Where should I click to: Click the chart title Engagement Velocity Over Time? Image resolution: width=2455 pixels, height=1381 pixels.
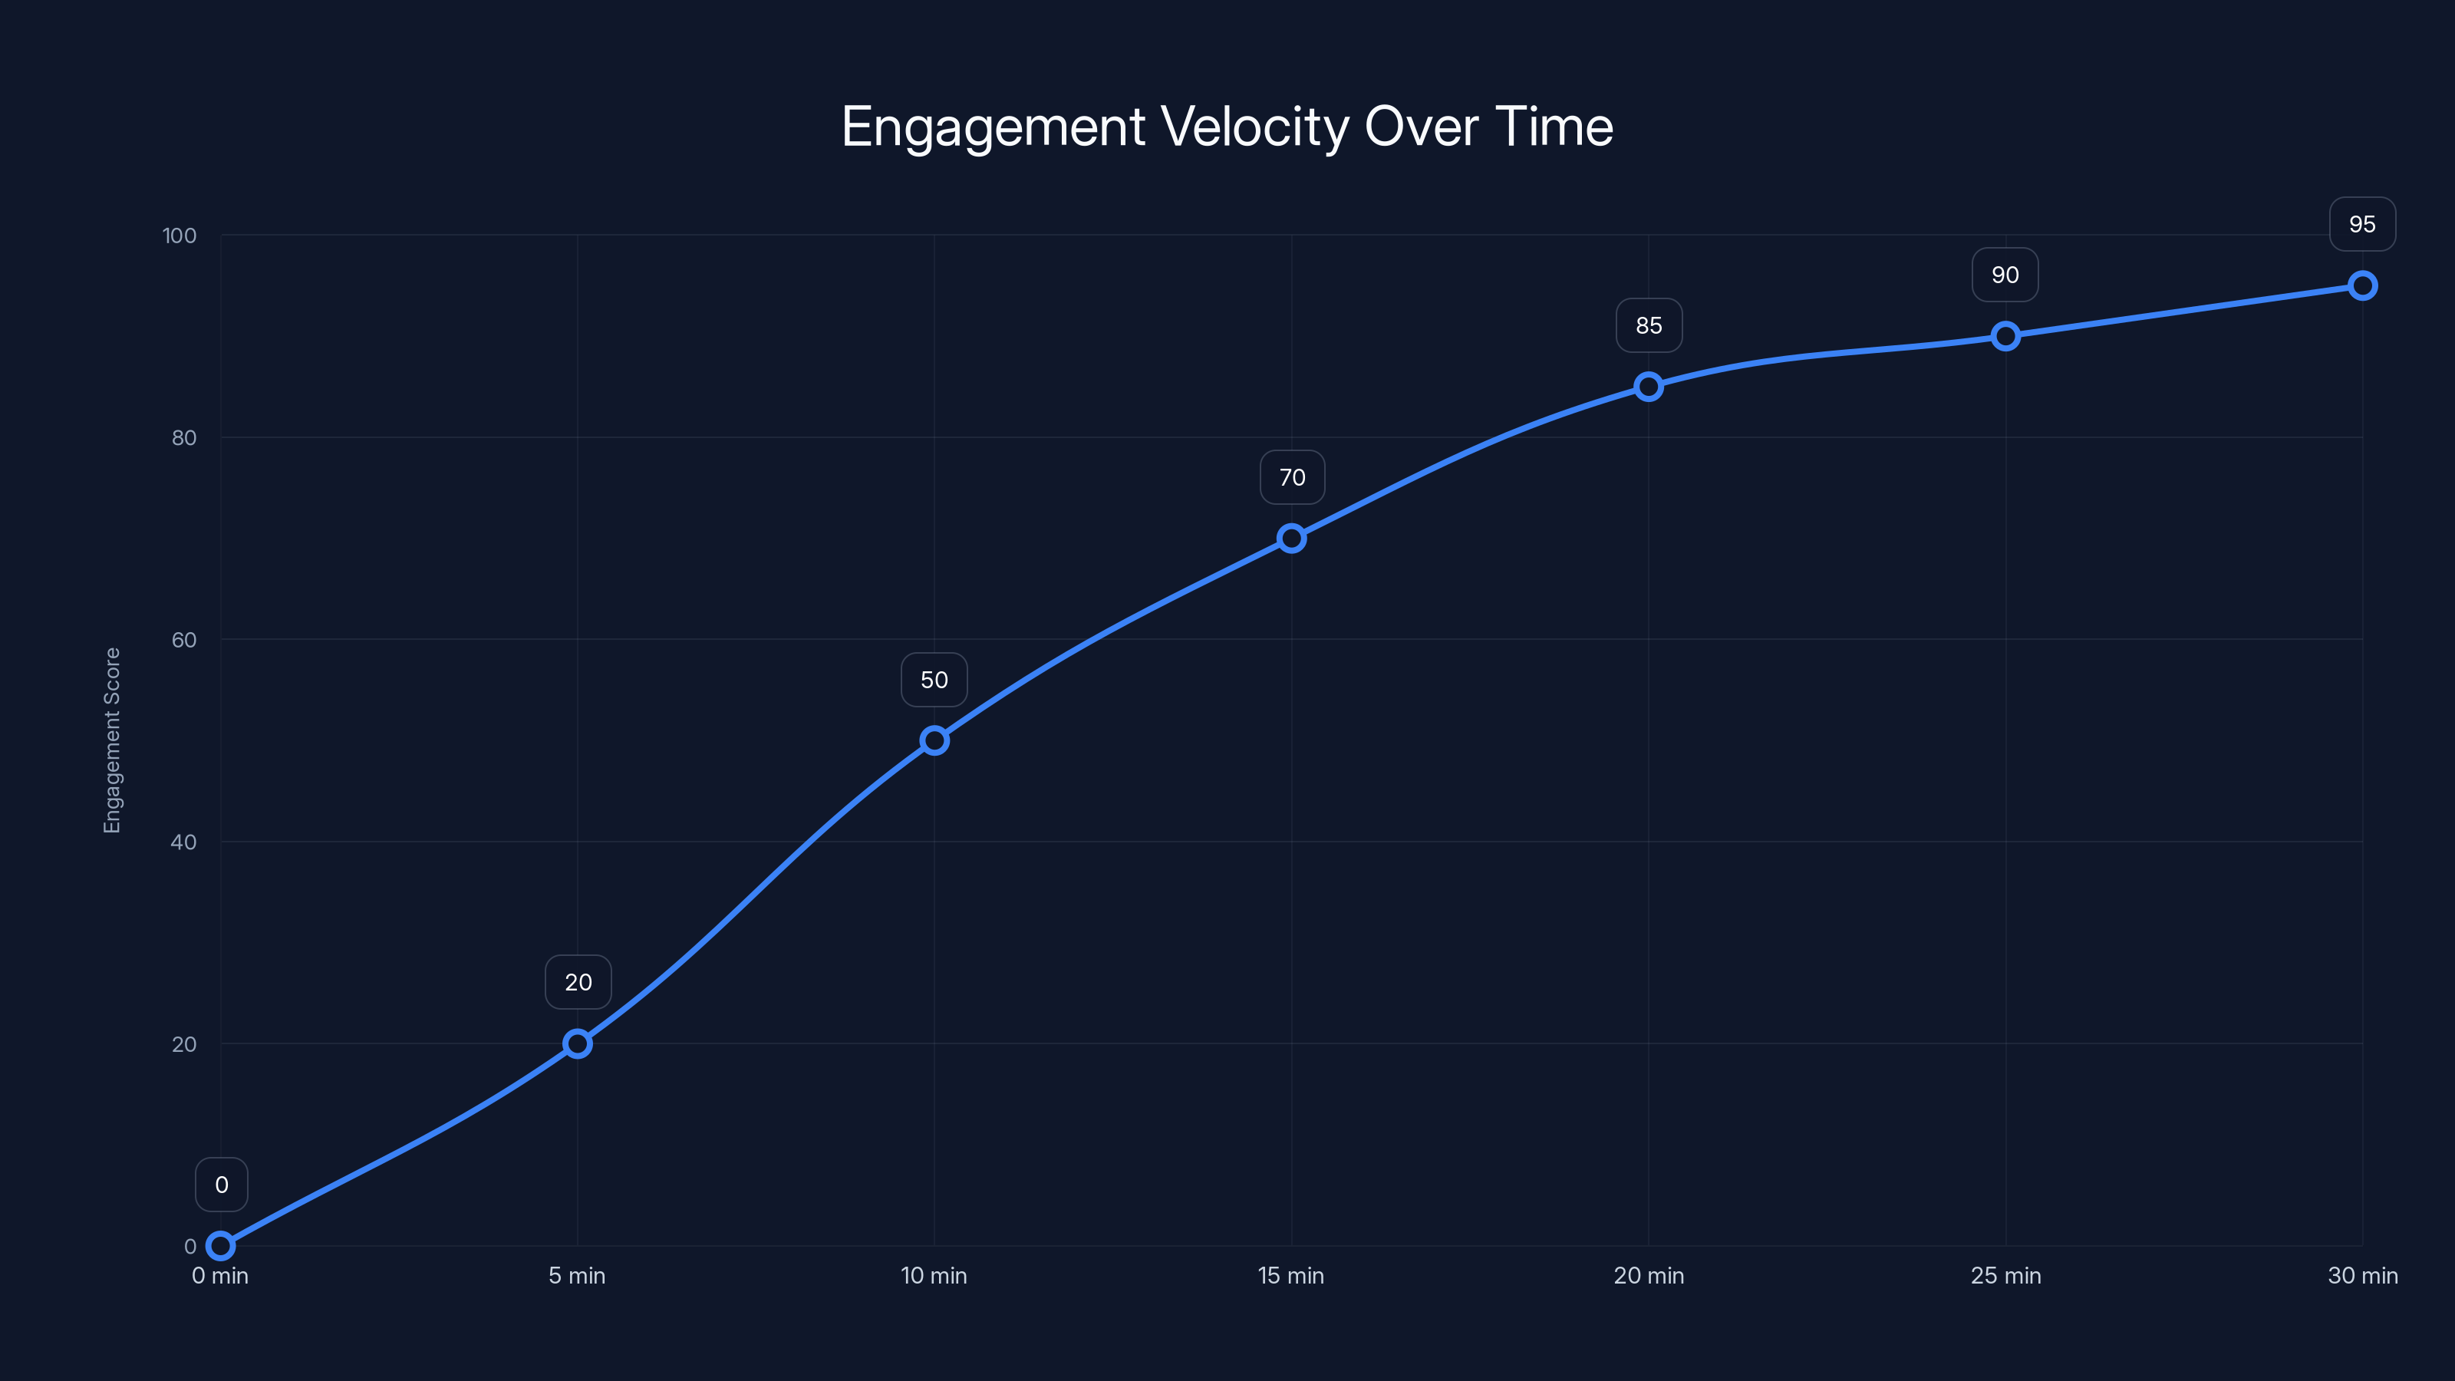point(1227,127)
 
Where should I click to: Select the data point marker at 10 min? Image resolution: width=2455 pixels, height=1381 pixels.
point(934,740)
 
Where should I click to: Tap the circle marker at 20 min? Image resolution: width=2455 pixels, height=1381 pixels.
point(1648,386)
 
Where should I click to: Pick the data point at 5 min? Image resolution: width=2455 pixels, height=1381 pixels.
point(577,1043)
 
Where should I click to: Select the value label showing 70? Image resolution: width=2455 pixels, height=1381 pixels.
point(1291,477)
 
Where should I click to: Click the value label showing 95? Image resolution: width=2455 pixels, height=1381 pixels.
point(2361,224)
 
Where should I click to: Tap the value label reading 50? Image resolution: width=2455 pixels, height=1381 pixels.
point(934,680)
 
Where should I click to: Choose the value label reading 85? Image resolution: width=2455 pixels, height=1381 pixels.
point(1648,325)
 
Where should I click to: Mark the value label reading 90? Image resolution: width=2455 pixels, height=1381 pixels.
point(2004,275)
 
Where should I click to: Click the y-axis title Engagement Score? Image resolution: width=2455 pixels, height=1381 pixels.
point(113,740)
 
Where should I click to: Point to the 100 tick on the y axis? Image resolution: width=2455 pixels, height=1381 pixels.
point(180,236)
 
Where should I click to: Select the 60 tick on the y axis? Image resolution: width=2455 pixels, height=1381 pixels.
point(184,640)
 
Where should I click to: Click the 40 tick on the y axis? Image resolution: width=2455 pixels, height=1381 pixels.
point(184,842)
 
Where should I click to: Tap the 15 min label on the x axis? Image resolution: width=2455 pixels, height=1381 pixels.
point(1290,1275)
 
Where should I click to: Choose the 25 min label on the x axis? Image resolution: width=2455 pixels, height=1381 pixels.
point(2005,1275)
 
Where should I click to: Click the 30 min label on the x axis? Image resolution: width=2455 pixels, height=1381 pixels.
point(2361,1275)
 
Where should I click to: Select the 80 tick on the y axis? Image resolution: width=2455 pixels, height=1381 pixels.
point(184,437)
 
